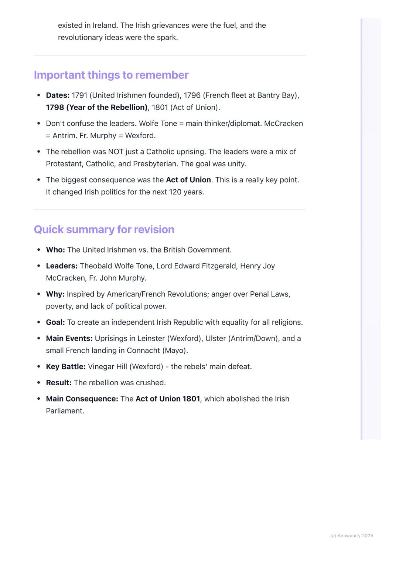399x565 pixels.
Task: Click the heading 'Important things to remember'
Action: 111,75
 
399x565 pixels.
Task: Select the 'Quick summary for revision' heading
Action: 104,230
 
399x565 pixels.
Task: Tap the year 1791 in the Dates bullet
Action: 79,95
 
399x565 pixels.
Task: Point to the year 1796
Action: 192,95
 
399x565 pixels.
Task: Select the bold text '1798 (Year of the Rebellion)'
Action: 96,108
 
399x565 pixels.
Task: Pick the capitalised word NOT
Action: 115,152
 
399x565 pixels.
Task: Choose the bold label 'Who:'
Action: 55,250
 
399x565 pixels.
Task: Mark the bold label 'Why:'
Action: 55,294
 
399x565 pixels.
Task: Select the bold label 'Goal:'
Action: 55,322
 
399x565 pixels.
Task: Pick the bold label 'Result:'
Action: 59,383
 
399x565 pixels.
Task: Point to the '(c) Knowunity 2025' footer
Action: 351,536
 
